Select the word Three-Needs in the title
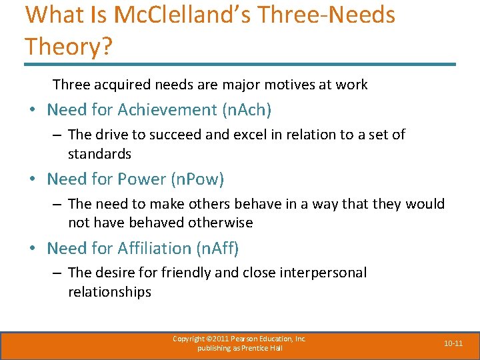pos(338,15)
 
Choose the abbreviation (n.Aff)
pos(217,248)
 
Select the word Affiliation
pos(155,248)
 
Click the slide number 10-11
pos(453,343)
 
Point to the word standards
pos(99,154)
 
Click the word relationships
pos(109,292)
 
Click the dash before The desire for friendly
pos(57,273)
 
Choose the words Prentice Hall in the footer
pos(263,348)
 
